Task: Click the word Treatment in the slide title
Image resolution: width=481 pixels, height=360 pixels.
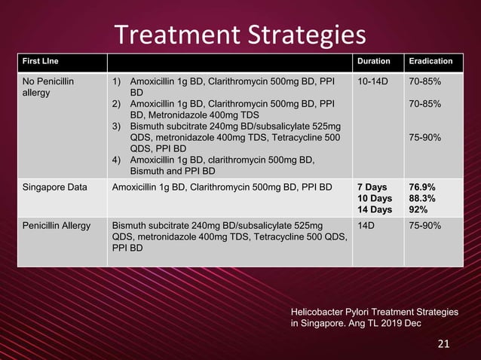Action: (x=173, y=35)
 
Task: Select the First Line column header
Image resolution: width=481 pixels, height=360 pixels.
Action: (x=40, y=60)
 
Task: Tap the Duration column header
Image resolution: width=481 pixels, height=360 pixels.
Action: (x=374, y=60)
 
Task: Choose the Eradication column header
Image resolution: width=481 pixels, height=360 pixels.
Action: (x=430, y=60)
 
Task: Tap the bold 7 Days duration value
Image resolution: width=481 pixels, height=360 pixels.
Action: (x=372, y=186)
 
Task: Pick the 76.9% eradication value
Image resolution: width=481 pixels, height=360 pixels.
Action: (x=421, y=186)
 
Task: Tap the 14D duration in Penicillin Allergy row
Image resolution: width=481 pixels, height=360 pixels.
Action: (x=366, y=224)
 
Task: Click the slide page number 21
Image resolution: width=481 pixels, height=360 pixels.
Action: (x=443, y=344)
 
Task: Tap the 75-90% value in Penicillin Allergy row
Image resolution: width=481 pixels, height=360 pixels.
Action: (x=424, y=224)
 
